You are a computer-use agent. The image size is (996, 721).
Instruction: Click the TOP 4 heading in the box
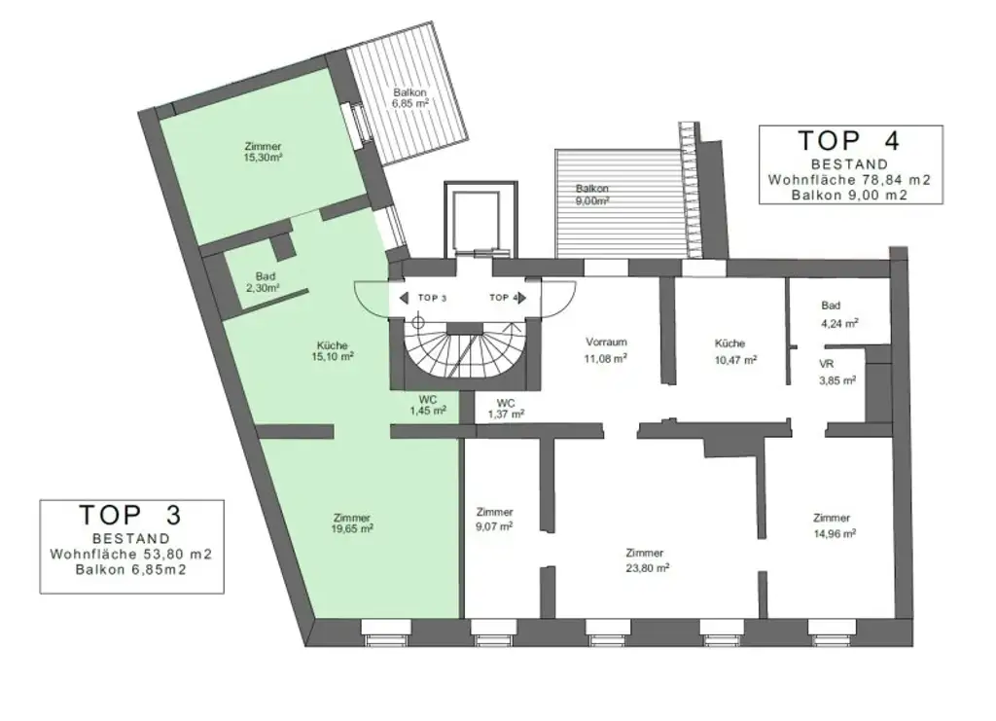[850, 140]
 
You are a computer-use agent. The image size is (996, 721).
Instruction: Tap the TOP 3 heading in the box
[130, 514]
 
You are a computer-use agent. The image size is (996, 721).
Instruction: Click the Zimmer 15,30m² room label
[264, 153]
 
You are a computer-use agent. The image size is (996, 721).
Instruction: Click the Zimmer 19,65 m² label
[352, 523]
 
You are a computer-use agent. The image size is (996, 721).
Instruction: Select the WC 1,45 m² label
[429, 405]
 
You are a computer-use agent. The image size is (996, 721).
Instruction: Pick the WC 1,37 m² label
[506, 408]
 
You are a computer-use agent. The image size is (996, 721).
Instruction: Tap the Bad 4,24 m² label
[837, 314]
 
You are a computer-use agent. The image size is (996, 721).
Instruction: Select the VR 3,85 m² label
[836, 373]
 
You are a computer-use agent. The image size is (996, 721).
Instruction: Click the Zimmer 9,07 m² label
[494, 519]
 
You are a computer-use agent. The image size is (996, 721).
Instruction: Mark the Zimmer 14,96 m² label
[833, 525]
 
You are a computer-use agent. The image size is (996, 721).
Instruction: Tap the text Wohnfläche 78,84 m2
[850, 180]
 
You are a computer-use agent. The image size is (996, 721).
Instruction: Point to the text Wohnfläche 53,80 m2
[130, 554]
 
